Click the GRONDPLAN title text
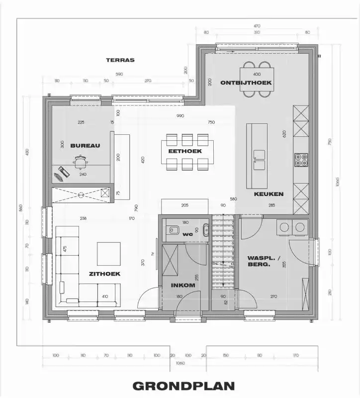(x=183, y=386)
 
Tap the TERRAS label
(x=120, y=60)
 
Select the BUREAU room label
(x=85, y=146)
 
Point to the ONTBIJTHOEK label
(x=246, y=83)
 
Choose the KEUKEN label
(x=269, y=194)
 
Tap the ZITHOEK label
(x=105, y=274)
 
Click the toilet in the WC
(x=174, y=230)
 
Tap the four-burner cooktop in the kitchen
(x=300, y=159)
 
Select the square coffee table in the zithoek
(x=108, y=254)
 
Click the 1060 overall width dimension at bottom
(x=180, y=364)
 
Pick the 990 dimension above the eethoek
(x=180, y=116)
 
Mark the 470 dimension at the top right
(x=257, y=25)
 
